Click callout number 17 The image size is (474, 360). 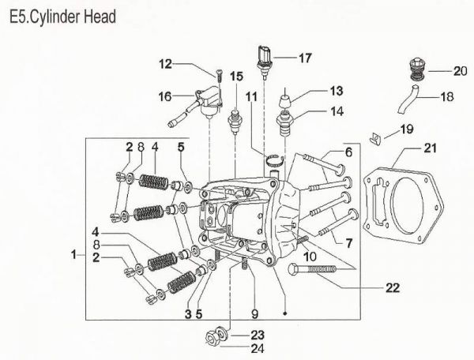click(306, 57)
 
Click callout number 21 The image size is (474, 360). click(430, 148)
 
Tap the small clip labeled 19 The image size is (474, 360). click(377, 139)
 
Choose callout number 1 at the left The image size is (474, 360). click(73, 255)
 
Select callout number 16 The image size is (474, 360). click(164, 96)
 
